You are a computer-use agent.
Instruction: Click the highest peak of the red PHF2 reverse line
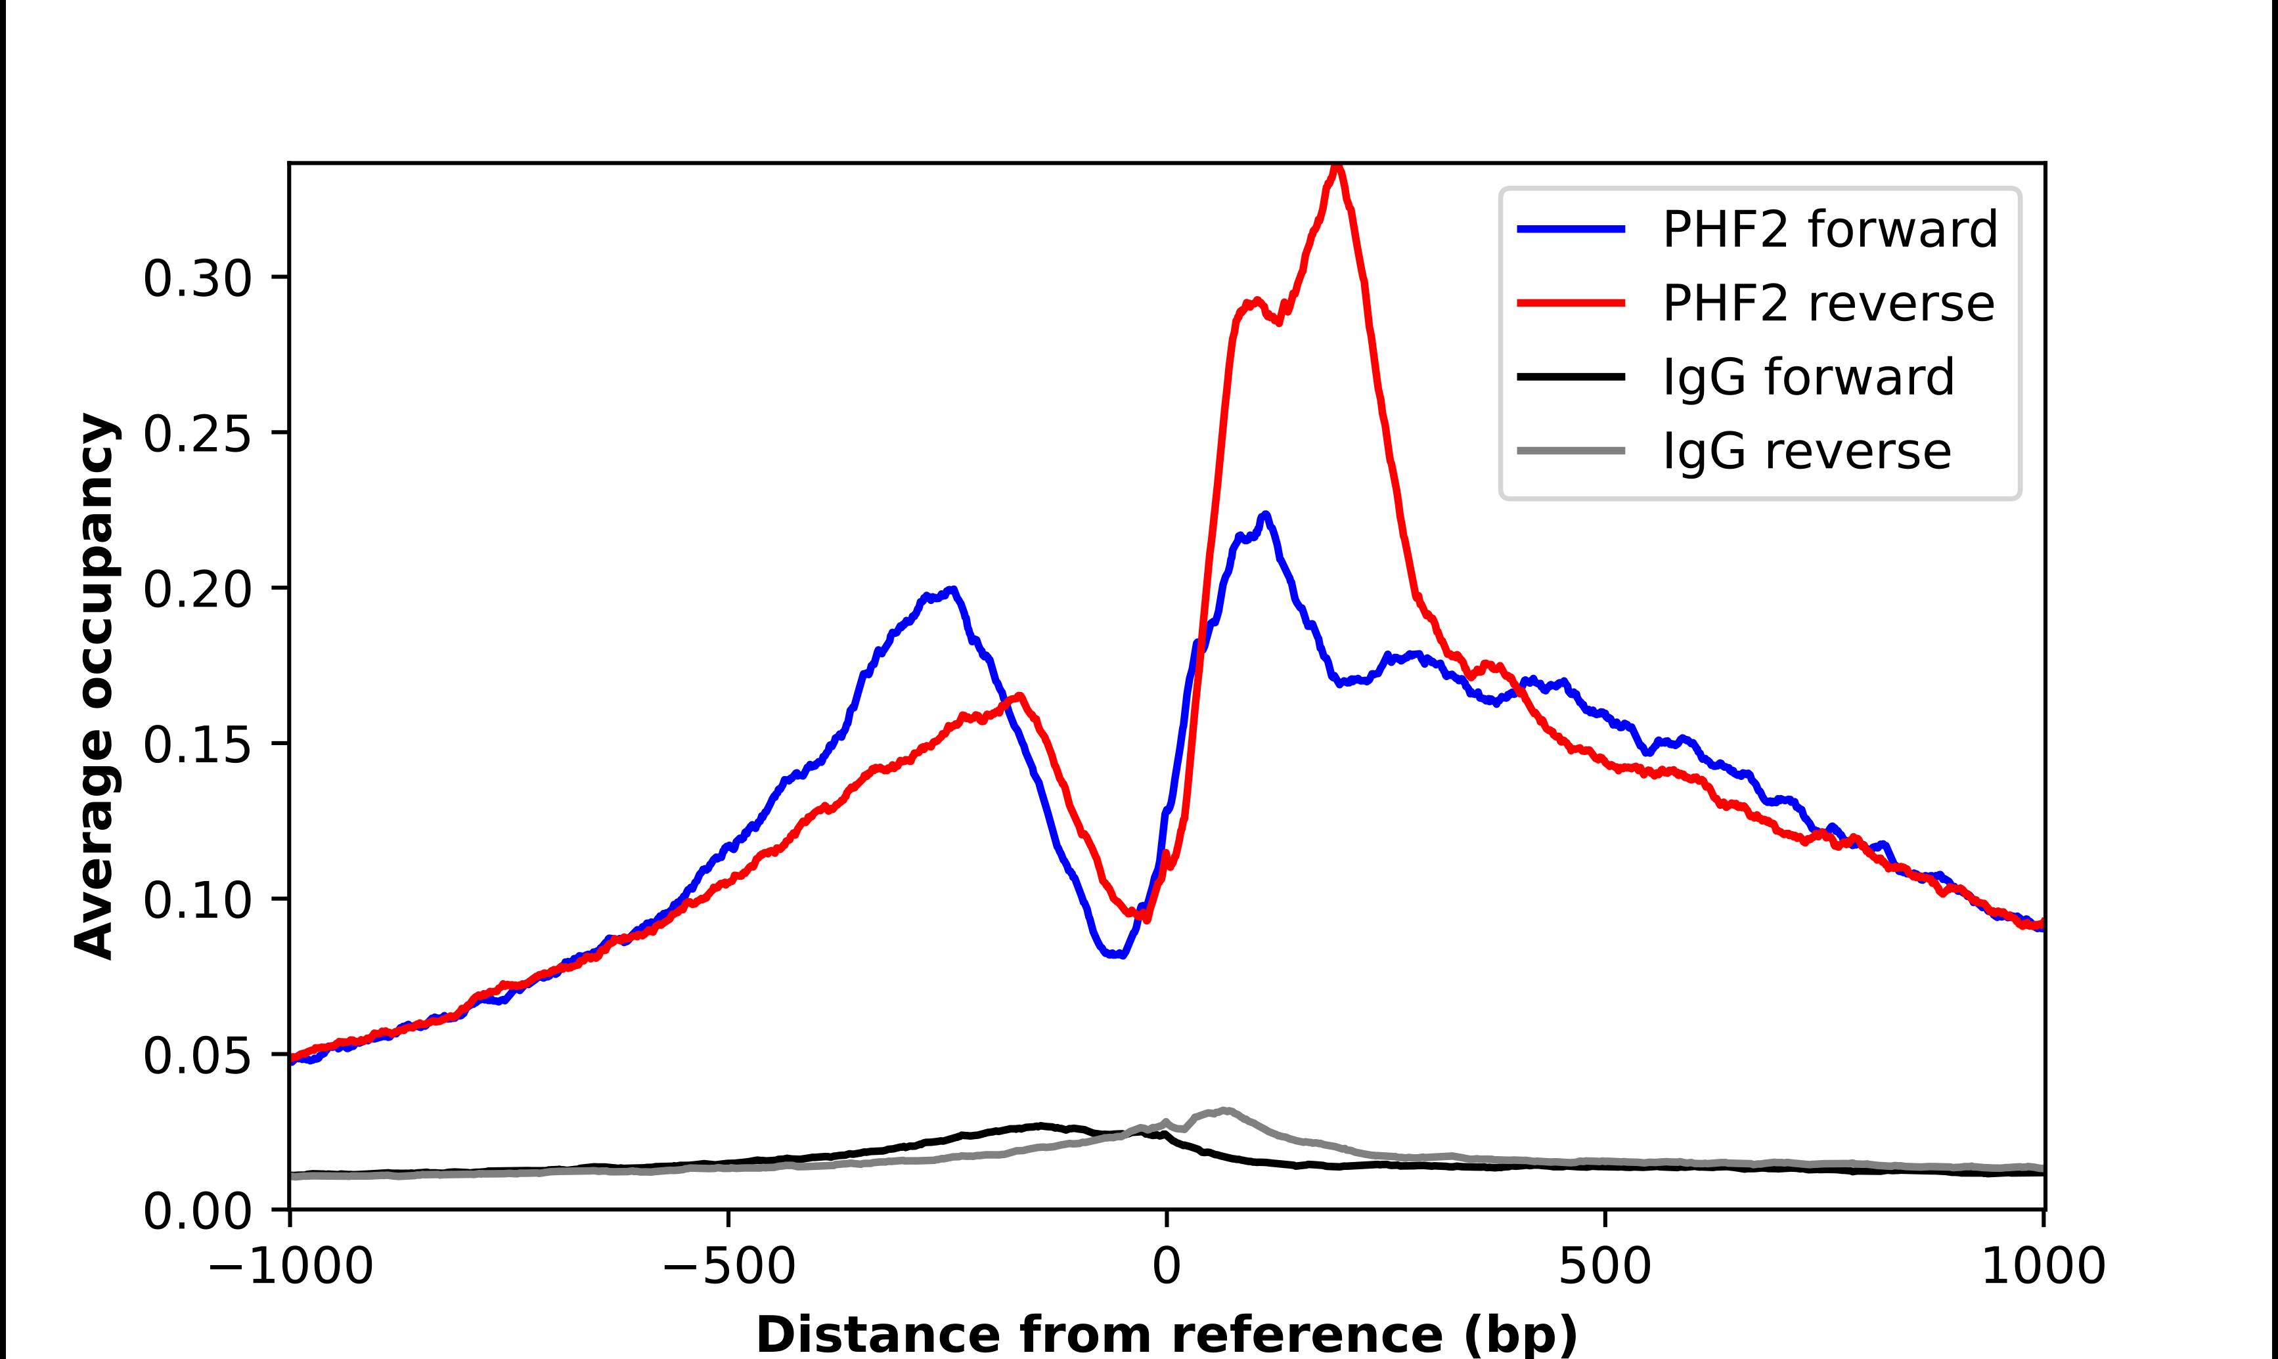(1338, 167)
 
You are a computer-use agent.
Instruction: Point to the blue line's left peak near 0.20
(952, 590)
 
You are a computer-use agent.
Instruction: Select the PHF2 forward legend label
(1829, 229)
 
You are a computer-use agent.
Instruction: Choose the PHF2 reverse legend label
(1827, 303)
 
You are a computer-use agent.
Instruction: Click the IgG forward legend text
(1808, 377)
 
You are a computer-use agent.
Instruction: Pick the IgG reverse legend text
(1806, 452)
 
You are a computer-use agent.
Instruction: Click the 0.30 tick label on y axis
(197, 278)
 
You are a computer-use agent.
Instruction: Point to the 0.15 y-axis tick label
(197, 744)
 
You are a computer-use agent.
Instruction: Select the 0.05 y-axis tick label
(197, 1055)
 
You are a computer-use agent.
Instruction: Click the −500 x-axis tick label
(729, 1266)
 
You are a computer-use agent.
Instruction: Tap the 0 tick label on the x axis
(1167, 1266)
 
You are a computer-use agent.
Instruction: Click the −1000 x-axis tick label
(290, 1266)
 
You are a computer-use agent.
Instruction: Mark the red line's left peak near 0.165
(1019, 695)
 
